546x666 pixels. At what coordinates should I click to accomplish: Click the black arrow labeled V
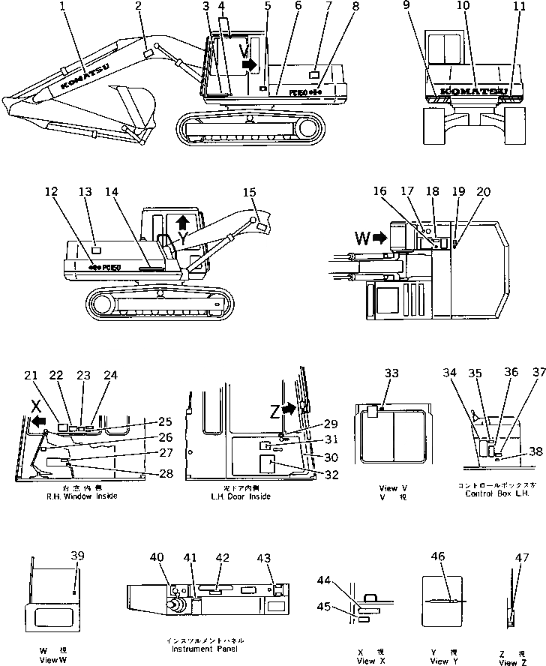(x=249, y=65)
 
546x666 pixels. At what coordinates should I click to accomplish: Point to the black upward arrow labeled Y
(x=182, y=223)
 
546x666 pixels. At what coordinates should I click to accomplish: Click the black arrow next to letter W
(x=379, y=239)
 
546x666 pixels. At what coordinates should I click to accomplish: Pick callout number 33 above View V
(x=390, y=373)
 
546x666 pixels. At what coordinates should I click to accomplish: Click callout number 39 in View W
(x=77, y=555)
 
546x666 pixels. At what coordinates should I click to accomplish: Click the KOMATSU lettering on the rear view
(x=472, y=92)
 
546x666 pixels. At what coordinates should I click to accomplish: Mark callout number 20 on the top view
(x=483, y=192)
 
